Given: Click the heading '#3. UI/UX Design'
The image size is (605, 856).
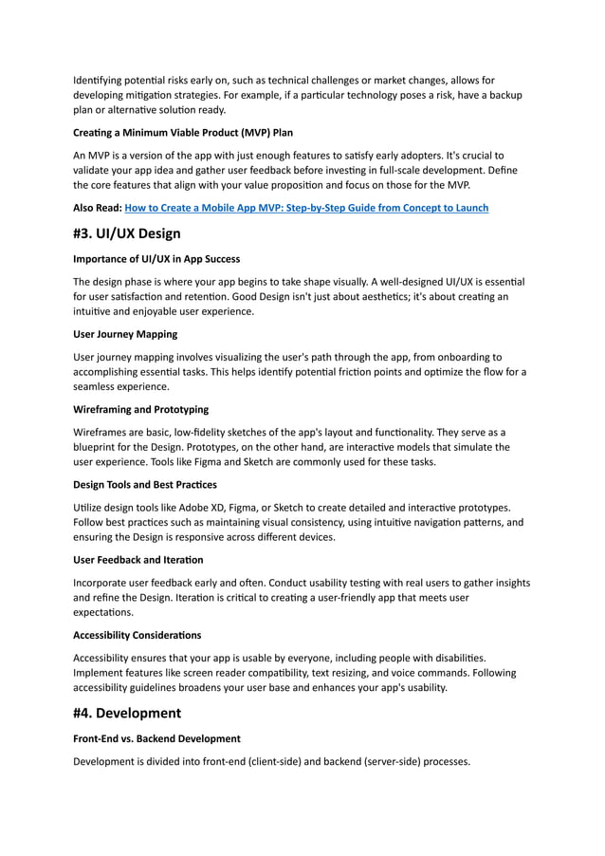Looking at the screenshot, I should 126,233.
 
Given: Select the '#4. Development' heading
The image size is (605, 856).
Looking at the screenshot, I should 126,713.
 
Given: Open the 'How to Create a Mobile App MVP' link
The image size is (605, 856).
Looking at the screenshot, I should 306,208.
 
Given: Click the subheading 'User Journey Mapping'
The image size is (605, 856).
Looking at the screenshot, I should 124,334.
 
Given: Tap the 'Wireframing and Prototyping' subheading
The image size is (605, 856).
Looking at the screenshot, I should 140,409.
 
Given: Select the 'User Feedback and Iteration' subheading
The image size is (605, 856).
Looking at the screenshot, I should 137,560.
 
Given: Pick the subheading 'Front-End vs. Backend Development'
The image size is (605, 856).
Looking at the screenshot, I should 156,738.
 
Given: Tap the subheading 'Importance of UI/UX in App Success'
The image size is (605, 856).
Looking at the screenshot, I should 156,259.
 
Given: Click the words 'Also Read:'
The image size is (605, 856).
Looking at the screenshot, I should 98,208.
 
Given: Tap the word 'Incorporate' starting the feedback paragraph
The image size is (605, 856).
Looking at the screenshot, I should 106,583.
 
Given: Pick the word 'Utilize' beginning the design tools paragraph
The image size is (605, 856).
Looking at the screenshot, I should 90,508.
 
